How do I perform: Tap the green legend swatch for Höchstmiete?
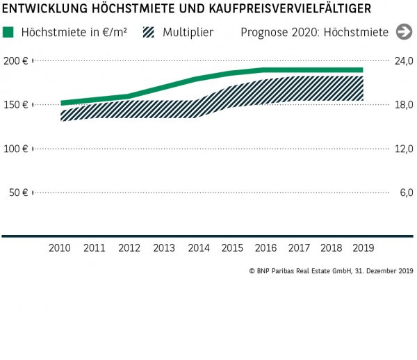coord(8,33)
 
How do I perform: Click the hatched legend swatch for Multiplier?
coord(148,33)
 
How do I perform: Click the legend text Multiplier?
coord(188,33)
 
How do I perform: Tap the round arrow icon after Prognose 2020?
coord(403,32)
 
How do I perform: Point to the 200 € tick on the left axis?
coord(15,61)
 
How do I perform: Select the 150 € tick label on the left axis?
coord(15,105)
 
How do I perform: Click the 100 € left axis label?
coord(15,149)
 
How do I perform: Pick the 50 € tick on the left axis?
coord(17,193)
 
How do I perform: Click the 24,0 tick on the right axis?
coord(404,61)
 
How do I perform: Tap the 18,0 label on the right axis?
coord(404,105)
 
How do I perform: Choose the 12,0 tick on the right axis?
coord(404,149)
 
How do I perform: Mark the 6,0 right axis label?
coord(407,193)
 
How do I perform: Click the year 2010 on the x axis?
coord(60,247)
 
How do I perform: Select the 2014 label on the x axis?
coord(198,247)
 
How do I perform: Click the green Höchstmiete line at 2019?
coord(360,70)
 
